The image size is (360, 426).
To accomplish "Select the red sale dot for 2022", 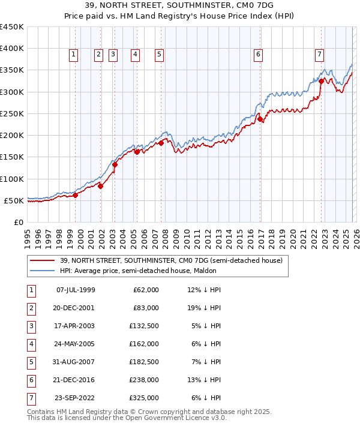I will point(322,81).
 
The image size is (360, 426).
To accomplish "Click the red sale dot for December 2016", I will point(260,119).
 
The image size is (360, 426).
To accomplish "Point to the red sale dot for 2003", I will point(115,164).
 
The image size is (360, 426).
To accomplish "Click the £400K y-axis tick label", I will point(12,49).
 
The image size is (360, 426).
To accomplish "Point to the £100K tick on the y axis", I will point(12,179).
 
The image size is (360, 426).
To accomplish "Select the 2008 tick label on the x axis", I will point(165,238).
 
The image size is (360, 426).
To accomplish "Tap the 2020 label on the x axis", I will point(292,238).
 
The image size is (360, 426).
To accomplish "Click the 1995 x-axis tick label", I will point(27,238).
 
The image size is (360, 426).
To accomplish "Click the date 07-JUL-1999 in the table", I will point(76,290).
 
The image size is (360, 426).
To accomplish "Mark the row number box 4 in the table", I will point(31,344).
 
